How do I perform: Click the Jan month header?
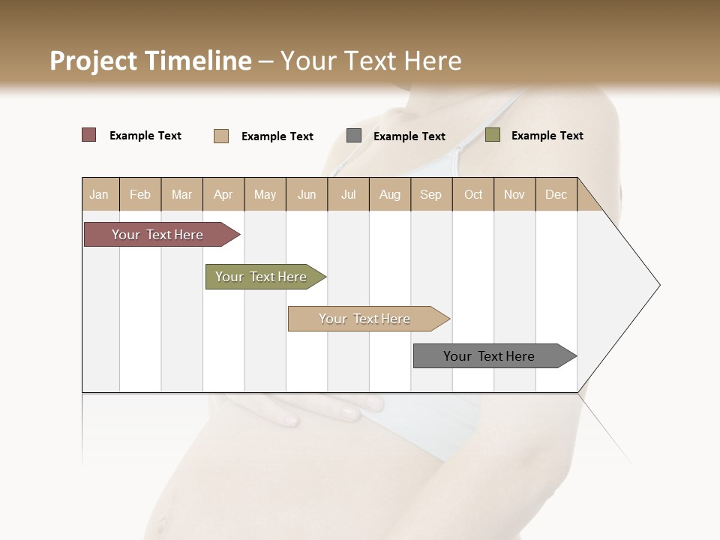[x=99, y=194]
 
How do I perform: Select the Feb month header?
[x=140, y=194]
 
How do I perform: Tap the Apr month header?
[x=223, y=194]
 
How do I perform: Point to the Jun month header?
[x=307, y=194]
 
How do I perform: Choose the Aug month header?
[x=389, y=194]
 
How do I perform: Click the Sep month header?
[x=430, y=194]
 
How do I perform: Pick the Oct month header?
[x=473, y=194]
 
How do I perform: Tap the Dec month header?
[x=556, y=194]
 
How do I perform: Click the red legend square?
[x=89, y=135]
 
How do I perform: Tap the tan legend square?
[x=221, y=136]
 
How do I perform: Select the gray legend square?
[x=354, y=136]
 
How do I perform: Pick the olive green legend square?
[x=493, y=135]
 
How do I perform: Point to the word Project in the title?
[x=94, y=61]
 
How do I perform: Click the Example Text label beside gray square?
[x=409, y=136]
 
